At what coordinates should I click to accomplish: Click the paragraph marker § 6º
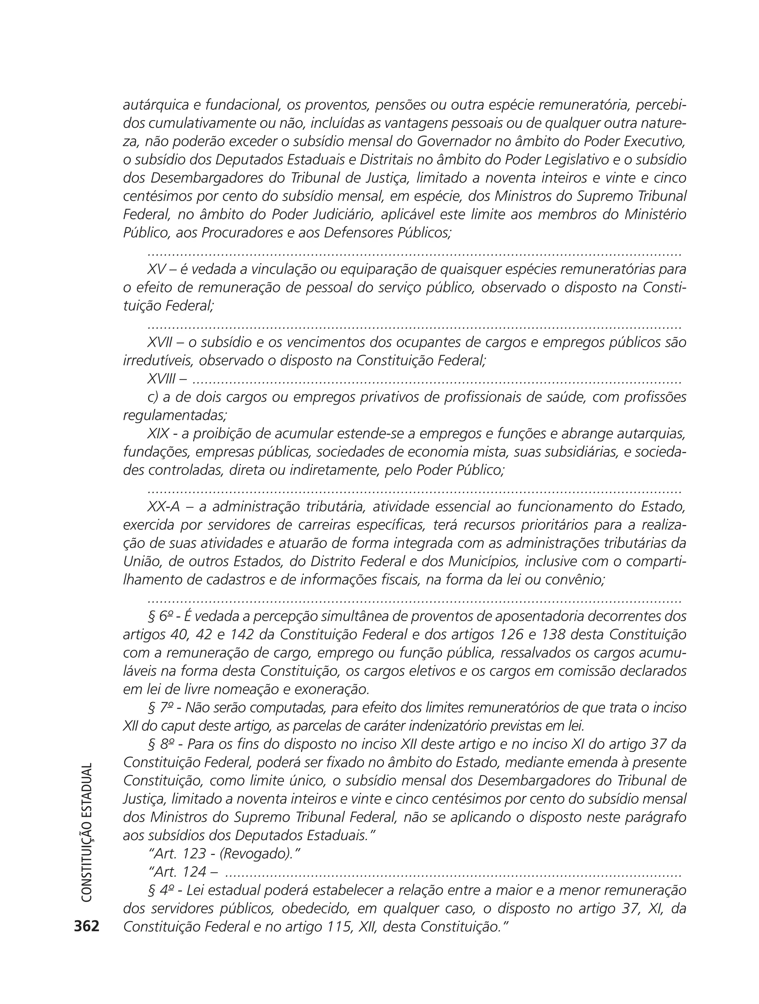tap(159, 616)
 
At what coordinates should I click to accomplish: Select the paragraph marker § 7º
tap(159, 707)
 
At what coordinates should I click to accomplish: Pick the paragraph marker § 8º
tap(159, 744)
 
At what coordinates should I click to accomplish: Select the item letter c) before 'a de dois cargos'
tap(153, 397)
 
